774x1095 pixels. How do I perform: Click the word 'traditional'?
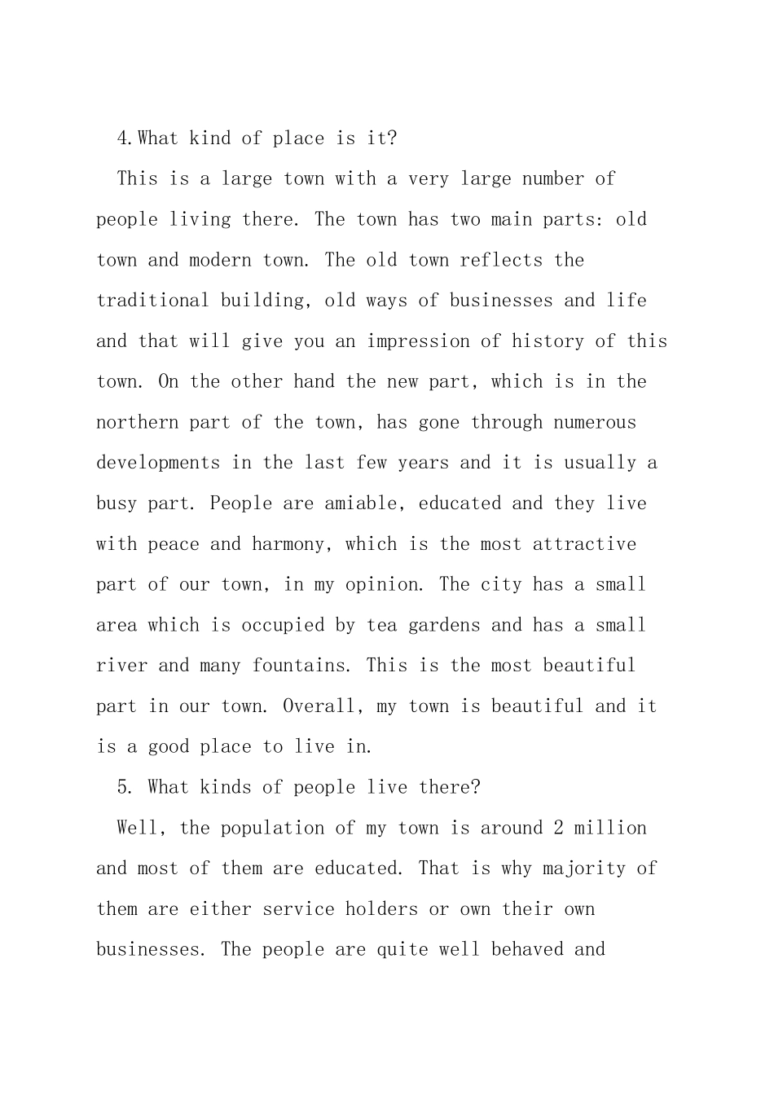point(152,301)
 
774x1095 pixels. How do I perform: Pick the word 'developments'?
point(158,463)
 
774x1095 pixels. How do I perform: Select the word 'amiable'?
point(363,504)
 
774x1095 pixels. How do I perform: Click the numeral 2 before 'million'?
point(558,829)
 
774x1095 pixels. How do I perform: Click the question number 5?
point(122,788)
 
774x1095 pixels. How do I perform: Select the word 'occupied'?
point(283,626)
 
